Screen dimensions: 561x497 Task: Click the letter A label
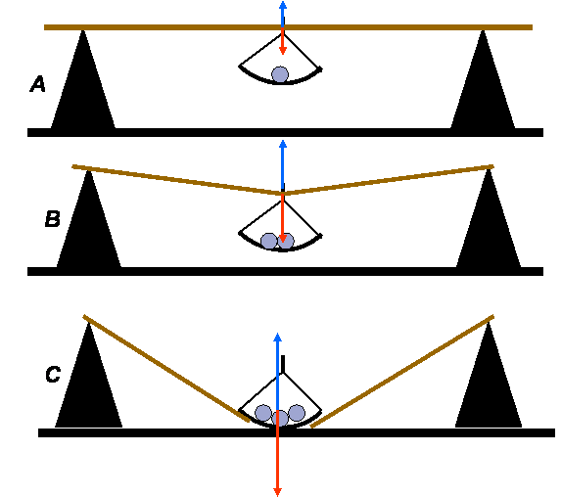click(x=37, y=84)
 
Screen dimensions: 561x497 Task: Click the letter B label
click(x=53, y=219)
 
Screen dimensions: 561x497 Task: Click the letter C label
click(x=53, y=375)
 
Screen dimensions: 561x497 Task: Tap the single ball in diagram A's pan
click(x=280, y=74)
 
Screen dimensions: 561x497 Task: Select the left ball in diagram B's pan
click(x=269, y=241)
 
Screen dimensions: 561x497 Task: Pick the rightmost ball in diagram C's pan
click(x=297, y=413)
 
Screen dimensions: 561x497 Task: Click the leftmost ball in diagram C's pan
click(x=263, y=413)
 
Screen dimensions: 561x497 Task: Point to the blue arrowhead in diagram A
click(x=283, y=5)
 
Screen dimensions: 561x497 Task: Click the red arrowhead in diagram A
click(x=283, y=51)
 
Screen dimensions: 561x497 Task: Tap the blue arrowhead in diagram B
click(x=283, y=144)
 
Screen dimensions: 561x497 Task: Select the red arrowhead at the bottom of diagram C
click(x=278, y=492)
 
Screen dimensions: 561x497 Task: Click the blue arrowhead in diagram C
click(x=278, y=337)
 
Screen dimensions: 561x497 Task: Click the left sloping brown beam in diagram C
click(x=166, y=368)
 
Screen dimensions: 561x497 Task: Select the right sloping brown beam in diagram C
click(x=402, y=371)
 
